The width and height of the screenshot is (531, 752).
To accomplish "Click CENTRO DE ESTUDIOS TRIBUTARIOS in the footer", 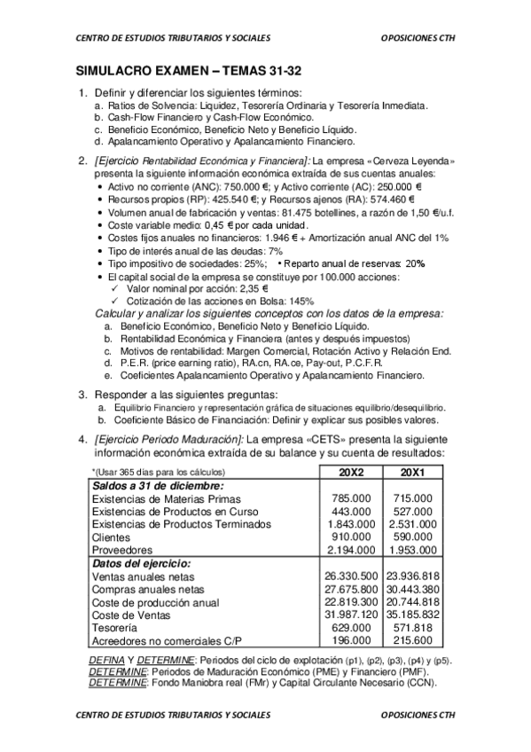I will click(173, 717).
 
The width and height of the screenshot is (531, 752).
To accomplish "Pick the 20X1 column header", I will click(410, 472).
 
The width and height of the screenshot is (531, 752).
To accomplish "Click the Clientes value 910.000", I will click(352, 537).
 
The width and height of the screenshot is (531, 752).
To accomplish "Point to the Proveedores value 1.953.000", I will click(411, 550).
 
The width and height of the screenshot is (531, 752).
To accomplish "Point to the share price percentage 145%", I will click(299, 302).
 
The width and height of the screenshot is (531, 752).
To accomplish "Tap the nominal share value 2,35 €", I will click(248, 289).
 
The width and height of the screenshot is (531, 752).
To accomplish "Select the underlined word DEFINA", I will click(107, 661).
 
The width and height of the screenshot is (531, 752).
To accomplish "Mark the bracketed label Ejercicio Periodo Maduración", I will click(168, 440).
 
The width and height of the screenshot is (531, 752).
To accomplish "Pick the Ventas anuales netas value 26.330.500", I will click(352, 576).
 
